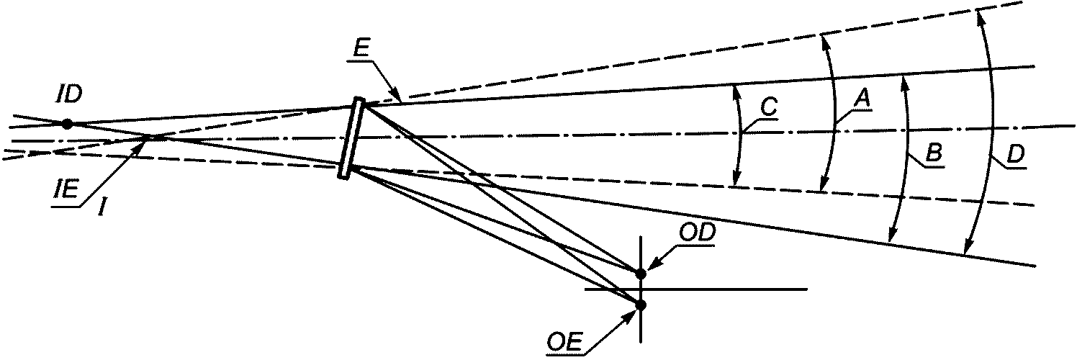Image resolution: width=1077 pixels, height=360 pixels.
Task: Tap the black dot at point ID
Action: pos(68,124)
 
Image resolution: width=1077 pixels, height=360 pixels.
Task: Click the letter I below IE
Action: pos(101,207)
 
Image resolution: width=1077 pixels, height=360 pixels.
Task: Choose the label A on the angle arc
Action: pos(862,100)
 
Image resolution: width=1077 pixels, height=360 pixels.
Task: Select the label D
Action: pos(1016,155)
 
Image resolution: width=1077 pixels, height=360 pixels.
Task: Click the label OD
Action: pos(697,232)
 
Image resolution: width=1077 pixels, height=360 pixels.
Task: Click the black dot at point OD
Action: pos(641,274)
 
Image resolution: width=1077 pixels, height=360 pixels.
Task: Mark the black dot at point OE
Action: pos(641,305)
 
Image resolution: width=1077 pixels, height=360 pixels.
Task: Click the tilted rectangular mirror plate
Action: pos(351,138)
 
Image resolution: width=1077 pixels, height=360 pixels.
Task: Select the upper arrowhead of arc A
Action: pos(824,42)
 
